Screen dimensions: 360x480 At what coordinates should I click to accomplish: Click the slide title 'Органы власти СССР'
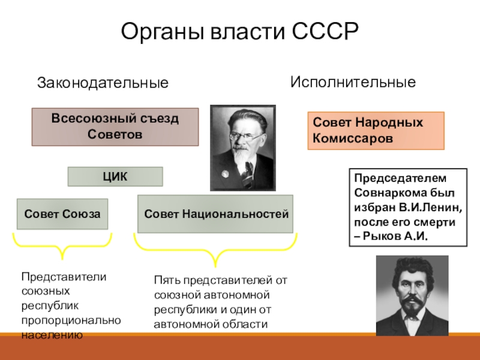pyautogui.click(x=239, y=31)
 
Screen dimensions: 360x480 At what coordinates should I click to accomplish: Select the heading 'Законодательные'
pyautogui.click(x=103, y=83)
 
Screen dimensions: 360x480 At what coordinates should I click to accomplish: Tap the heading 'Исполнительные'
pyautogui.click(x=353, y=82)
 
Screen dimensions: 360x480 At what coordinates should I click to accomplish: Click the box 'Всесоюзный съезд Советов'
pyautogui.click(x=115, y=127)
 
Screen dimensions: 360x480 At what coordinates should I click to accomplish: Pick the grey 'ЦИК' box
pyautogui.click(x=115, y=176)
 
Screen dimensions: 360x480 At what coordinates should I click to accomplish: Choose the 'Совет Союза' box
pyautogui.click(x=62, y=214)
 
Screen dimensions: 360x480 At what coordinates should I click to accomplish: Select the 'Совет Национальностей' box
pyautogui.click(x=215, y=214)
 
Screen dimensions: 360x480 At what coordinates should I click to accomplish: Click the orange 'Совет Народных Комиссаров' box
pyautogui.click(x=376, y=130)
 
